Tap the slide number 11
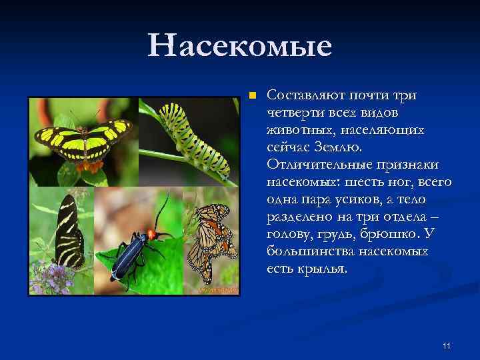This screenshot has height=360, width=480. [447, 345]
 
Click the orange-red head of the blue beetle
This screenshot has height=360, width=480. [153, 233]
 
